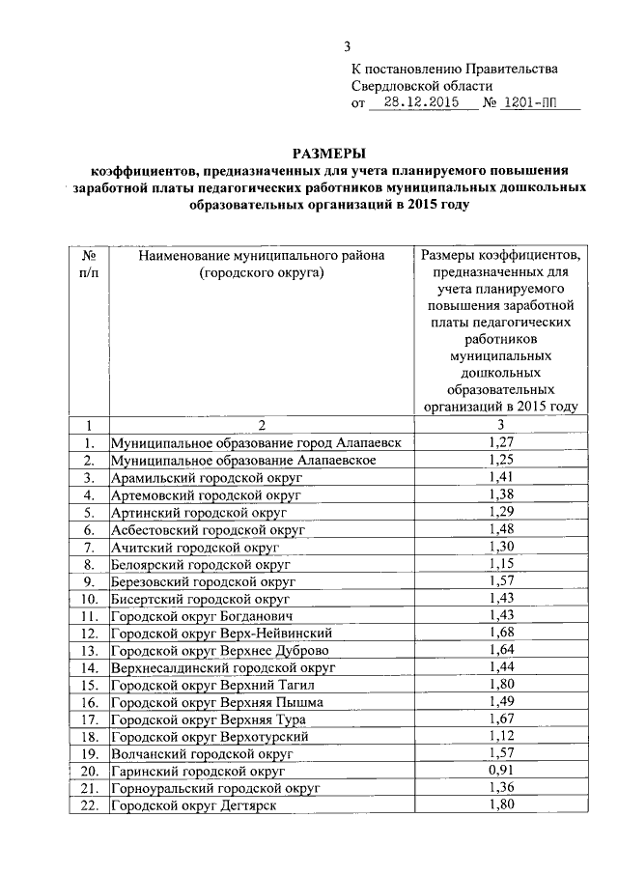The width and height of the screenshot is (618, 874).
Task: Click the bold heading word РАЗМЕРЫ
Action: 329,153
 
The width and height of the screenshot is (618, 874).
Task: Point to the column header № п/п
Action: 88,264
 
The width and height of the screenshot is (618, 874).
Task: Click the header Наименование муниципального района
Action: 262,255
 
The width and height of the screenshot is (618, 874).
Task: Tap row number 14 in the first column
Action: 89,667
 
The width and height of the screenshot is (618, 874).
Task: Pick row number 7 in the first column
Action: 89,547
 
